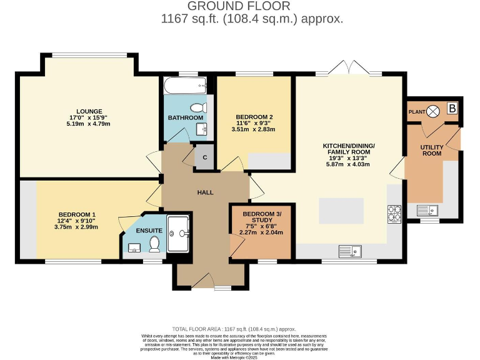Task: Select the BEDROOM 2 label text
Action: [x=254, y=116]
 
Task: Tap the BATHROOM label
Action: [x=186, y=117]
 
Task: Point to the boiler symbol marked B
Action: [x=452, y=109]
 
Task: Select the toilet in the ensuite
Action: [x=154, y=244]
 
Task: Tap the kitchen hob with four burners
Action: [x=394, y=214]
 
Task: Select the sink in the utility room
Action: [x=427, y=210]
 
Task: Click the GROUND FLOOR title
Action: [x=239, y=6]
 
